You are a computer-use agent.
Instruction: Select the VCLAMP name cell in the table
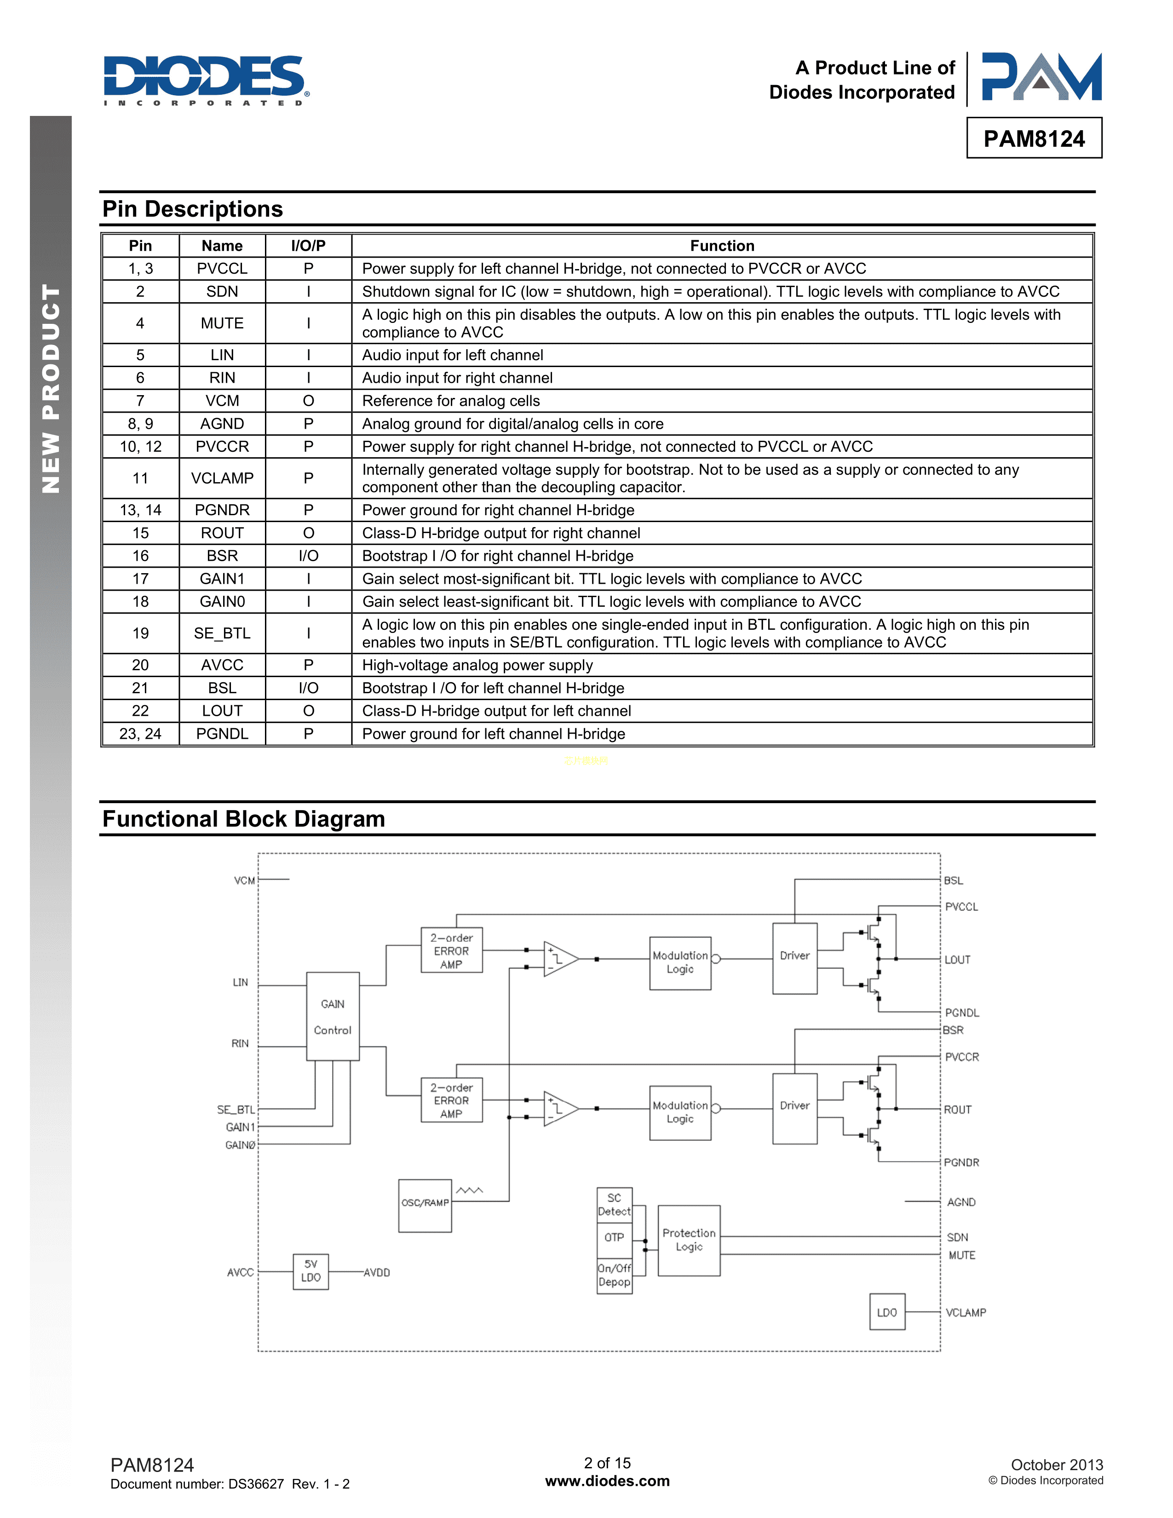(x=222, y=478)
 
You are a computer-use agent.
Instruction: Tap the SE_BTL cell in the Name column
(x=222, y=633)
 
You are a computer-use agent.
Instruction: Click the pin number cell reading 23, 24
(x=140, y=734)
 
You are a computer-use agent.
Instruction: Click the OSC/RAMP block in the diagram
(x=425, y=1205)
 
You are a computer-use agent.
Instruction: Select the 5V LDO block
(x=310, y=1271)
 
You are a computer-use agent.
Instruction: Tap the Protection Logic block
(x=689, y=1240)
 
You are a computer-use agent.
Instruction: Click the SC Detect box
(x=614, y=1205)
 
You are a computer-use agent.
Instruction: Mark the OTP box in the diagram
(x=614, y=1237)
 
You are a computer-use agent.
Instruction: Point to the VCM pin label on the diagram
(x=244, y=880)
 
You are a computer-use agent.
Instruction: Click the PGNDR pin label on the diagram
(x=961, y=1162)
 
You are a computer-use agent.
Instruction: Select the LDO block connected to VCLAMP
(x=887, y=1312)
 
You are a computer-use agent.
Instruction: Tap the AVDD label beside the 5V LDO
(x=377, y=1273)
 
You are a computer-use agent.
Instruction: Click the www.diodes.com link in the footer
(x=607, y=1481)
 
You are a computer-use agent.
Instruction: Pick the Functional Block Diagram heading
(x=244, y=819)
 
